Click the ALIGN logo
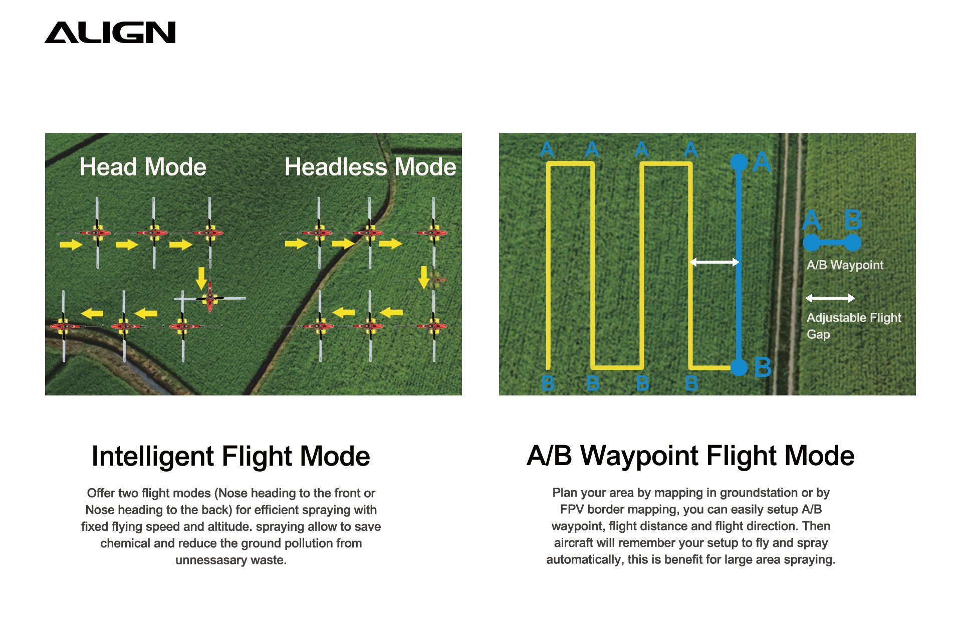click(x=110, y=33)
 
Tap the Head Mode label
click(x=143, y=167)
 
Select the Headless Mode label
click(x=370, y=167)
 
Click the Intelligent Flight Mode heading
click(x=230, y=456)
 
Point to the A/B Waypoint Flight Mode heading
click(x=690, y=456)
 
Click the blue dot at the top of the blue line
click(x=739, y=162)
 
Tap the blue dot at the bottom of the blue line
click(x=739, y=367)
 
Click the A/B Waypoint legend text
click(x=845, y=265)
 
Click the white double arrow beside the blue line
click(x=714, y=262)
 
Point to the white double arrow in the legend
click(x=830, y=298)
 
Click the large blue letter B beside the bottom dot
click(x=763, y=367)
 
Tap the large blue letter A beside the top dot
click(x=762, y=162)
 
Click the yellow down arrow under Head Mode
click(x=201, y=278)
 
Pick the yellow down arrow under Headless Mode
click(x=424, y=277)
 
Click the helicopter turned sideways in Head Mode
click(x=210, y=298)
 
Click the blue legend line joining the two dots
click(x=832, y=243)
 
